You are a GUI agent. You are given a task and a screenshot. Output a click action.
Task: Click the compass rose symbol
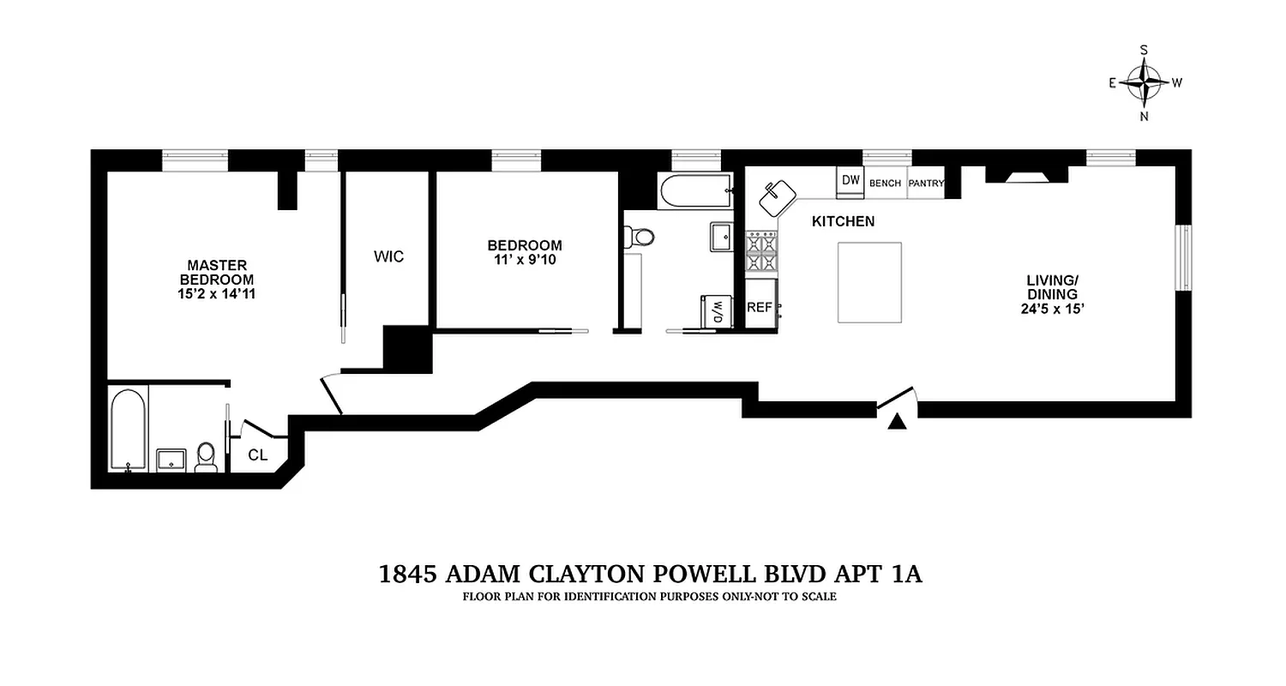(x=1145, y=83)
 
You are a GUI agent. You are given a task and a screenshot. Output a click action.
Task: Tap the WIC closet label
(x=388, y=256)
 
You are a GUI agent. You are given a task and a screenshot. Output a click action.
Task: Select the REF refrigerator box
(x=760, y=307)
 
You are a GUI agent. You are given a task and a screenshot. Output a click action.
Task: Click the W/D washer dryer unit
(x=714, y=311)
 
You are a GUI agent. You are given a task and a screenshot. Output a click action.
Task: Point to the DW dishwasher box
(x=850, y=181)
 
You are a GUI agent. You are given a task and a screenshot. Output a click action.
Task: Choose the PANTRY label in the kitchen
(x=926, y=183)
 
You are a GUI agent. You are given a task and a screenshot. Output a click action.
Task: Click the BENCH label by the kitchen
(x=885, y=183)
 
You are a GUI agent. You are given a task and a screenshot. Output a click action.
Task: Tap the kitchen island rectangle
(x=869, y=282)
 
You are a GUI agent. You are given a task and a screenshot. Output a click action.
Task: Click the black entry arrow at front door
(x=897, y=421)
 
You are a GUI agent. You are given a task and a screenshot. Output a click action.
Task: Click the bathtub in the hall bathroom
(x=694, y=190)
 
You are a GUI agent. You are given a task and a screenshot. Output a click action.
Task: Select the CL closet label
(x=257, y=455)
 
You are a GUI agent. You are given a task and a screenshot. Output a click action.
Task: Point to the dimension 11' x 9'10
(x=525, y=260)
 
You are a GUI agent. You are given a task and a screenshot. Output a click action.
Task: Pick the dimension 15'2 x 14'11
(x=217, y=293)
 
